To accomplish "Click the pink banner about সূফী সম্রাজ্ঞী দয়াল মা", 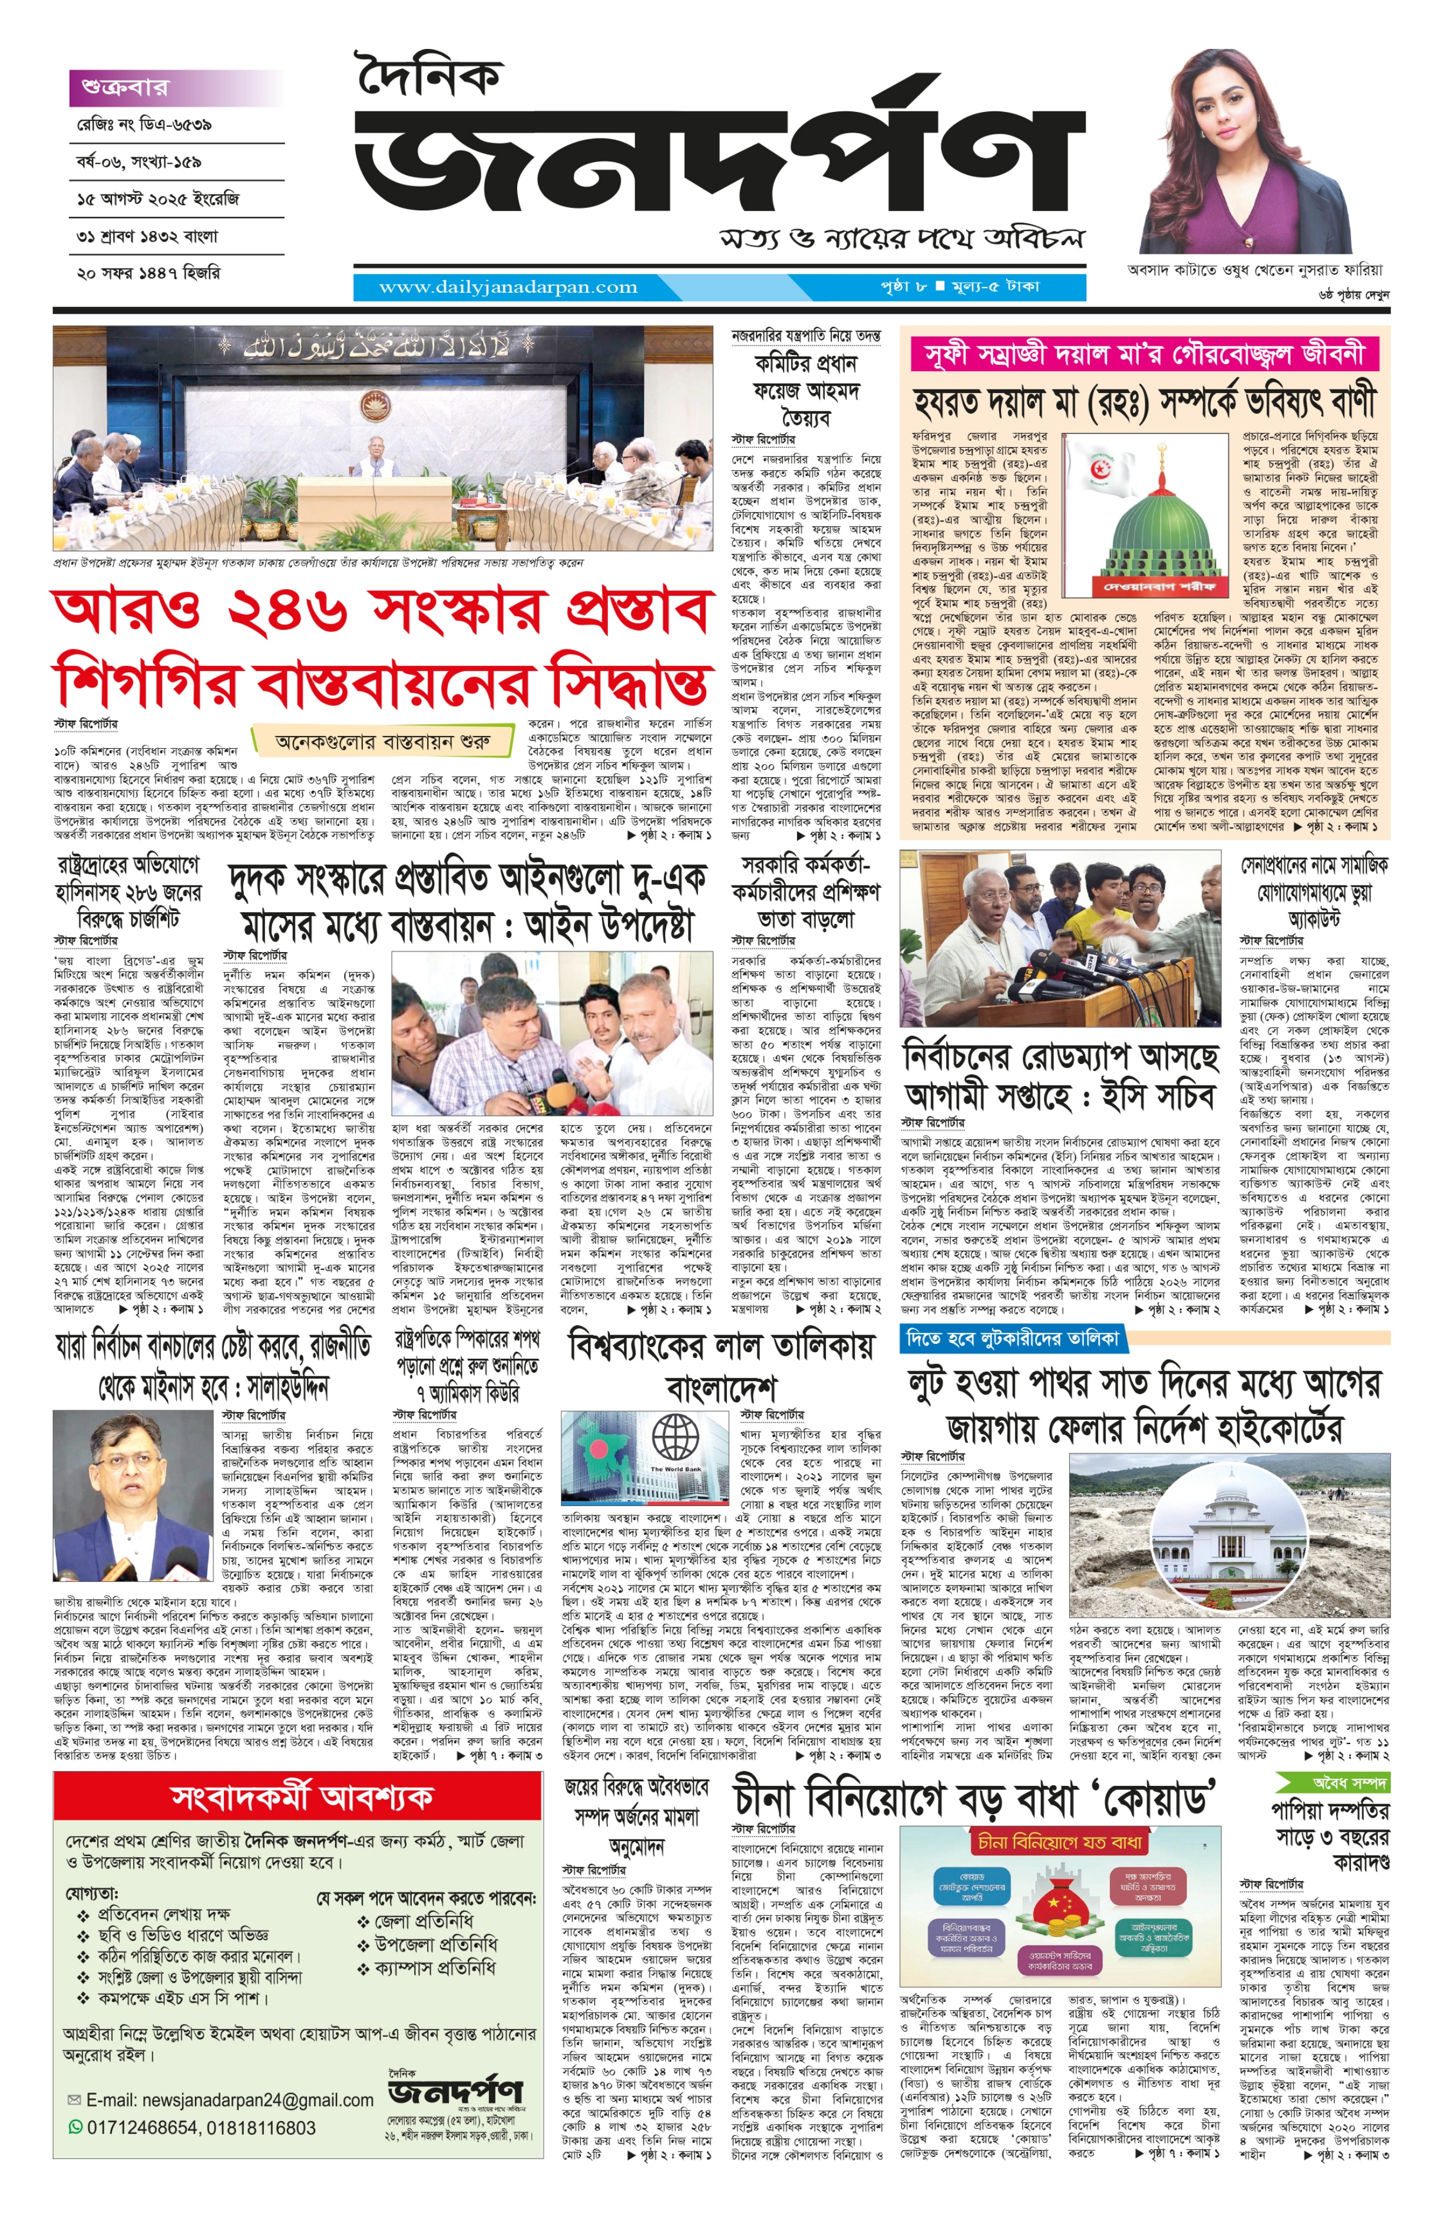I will pos(1145,354).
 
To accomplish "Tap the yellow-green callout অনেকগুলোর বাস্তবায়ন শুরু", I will pos(382,742).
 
